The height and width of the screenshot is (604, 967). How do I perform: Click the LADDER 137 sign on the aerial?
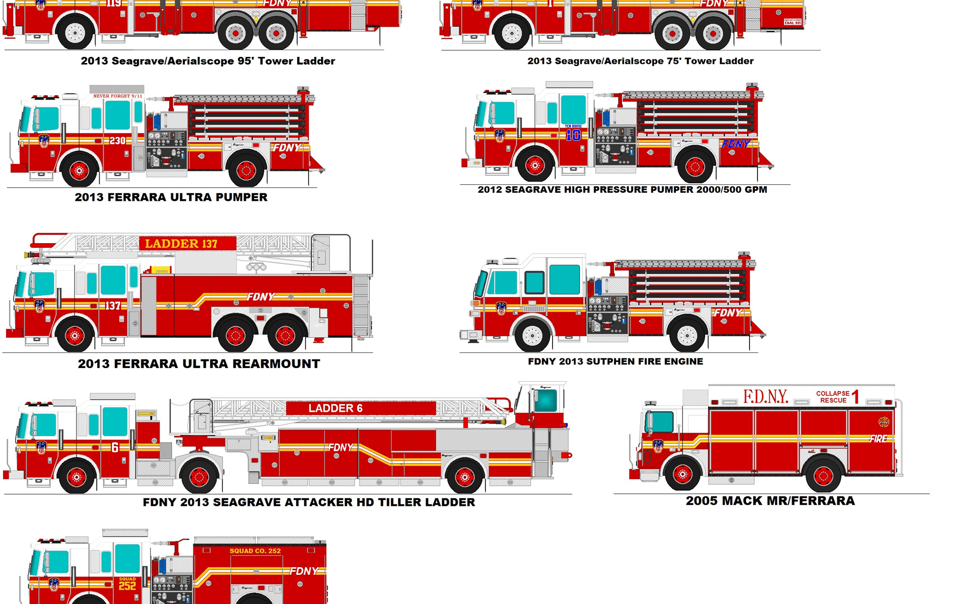181,244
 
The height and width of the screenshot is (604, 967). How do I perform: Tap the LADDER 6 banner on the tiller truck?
335,408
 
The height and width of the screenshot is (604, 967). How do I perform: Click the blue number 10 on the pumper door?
573,135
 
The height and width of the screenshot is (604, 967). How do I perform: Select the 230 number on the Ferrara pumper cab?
117,140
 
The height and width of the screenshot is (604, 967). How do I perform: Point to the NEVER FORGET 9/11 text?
117,96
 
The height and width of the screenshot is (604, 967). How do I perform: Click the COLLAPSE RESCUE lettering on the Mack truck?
833,397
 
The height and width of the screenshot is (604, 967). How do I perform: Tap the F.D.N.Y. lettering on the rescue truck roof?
766,397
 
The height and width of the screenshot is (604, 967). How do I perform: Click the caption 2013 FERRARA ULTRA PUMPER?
171,197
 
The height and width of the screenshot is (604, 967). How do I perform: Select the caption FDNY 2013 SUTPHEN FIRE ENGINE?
615,361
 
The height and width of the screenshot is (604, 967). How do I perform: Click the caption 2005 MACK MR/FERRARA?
770,501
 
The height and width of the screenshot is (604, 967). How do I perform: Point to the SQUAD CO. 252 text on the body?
255,551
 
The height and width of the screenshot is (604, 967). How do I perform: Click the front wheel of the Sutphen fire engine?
532,335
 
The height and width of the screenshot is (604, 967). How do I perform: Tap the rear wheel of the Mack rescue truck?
823,475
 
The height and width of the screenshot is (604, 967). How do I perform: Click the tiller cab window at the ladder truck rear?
545,401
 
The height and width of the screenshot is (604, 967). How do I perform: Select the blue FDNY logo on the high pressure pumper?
735,144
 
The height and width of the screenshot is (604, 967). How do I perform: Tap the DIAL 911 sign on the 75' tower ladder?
792,22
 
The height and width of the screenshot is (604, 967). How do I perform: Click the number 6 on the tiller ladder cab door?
115,447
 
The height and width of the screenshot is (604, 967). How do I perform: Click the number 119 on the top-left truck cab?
113,4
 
